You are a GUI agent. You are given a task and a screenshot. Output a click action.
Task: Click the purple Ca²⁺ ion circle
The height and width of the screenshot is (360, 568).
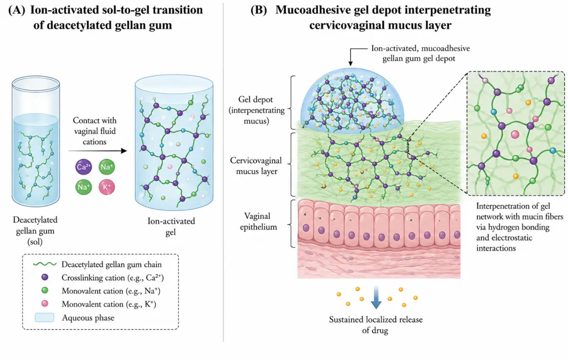pos(84,167)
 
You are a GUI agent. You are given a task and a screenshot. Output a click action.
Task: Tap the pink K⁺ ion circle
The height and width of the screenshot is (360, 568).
pos(107,187)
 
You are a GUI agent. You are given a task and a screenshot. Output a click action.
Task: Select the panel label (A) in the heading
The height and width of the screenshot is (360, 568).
pos(17,10)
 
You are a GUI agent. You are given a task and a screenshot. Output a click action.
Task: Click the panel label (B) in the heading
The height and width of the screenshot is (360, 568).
pos(258,10)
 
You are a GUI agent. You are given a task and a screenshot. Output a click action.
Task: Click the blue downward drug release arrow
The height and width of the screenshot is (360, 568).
pos(376,297)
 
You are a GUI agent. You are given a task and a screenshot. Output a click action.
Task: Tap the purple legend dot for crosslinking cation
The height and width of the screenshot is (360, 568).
pos(45,277)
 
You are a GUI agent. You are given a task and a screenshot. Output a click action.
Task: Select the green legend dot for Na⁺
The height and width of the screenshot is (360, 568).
pos(45,290)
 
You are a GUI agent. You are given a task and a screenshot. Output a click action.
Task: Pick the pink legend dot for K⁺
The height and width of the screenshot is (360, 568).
pos(45,304)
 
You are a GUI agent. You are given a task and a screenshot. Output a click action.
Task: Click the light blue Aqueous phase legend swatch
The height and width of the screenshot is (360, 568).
pos(44,318)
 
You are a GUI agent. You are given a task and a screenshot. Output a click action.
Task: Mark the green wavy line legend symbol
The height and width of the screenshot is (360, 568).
pos(44,264)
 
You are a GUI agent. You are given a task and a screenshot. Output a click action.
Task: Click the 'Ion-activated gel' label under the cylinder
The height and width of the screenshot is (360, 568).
pos(171,226)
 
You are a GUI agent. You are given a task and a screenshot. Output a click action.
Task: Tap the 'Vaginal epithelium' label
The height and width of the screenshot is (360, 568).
pos(258,221)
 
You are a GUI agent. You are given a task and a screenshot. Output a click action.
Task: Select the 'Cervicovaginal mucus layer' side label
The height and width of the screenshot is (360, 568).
pos(256,166)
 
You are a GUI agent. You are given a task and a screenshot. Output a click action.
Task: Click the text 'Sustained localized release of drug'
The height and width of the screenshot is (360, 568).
pos(375,325)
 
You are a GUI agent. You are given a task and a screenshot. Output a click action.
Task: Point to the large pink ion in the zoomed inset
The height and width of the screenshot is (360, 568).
pos(515,135)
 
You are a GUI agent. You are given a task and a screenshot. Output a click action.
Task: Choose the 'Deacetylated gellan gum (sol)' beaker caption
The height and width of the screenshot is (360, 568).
pos(35,230)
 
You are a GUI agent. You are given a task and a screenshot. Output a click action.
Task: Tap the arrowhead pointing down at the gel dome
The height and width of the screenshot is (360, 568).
pos(351,63)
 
